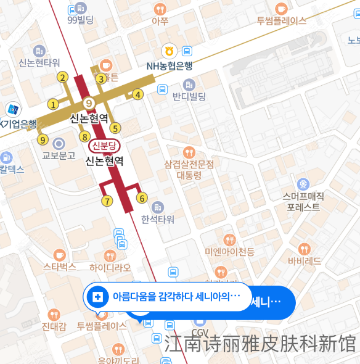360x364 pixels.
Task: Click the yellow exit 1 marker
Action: (54, 104)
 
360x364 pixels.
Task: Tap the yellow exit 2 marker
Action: (62, 77)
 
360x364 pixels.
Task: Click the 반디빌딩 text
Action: (189, 96)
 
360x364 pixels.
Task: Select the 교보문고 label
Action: (59, 155)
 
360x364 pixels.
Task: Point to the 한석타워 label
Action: (158, 219)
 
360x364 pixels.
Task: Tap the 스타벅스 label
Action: (59, 267)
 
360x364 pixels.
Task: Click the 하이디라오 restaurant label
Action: (110, 267)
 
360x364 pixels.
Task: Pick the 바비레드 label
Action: (304, 261)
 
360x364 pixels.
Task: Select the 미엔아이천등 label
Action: (230, 251)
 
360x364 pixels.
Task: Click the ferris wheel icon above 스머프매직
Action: (303, 183)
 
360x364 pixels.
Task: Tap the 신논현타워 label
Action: (39, 62)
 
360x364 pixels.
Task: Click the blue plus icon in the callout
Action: (97, 297)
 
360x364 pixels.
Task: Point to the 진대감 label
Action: (54, 326)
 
